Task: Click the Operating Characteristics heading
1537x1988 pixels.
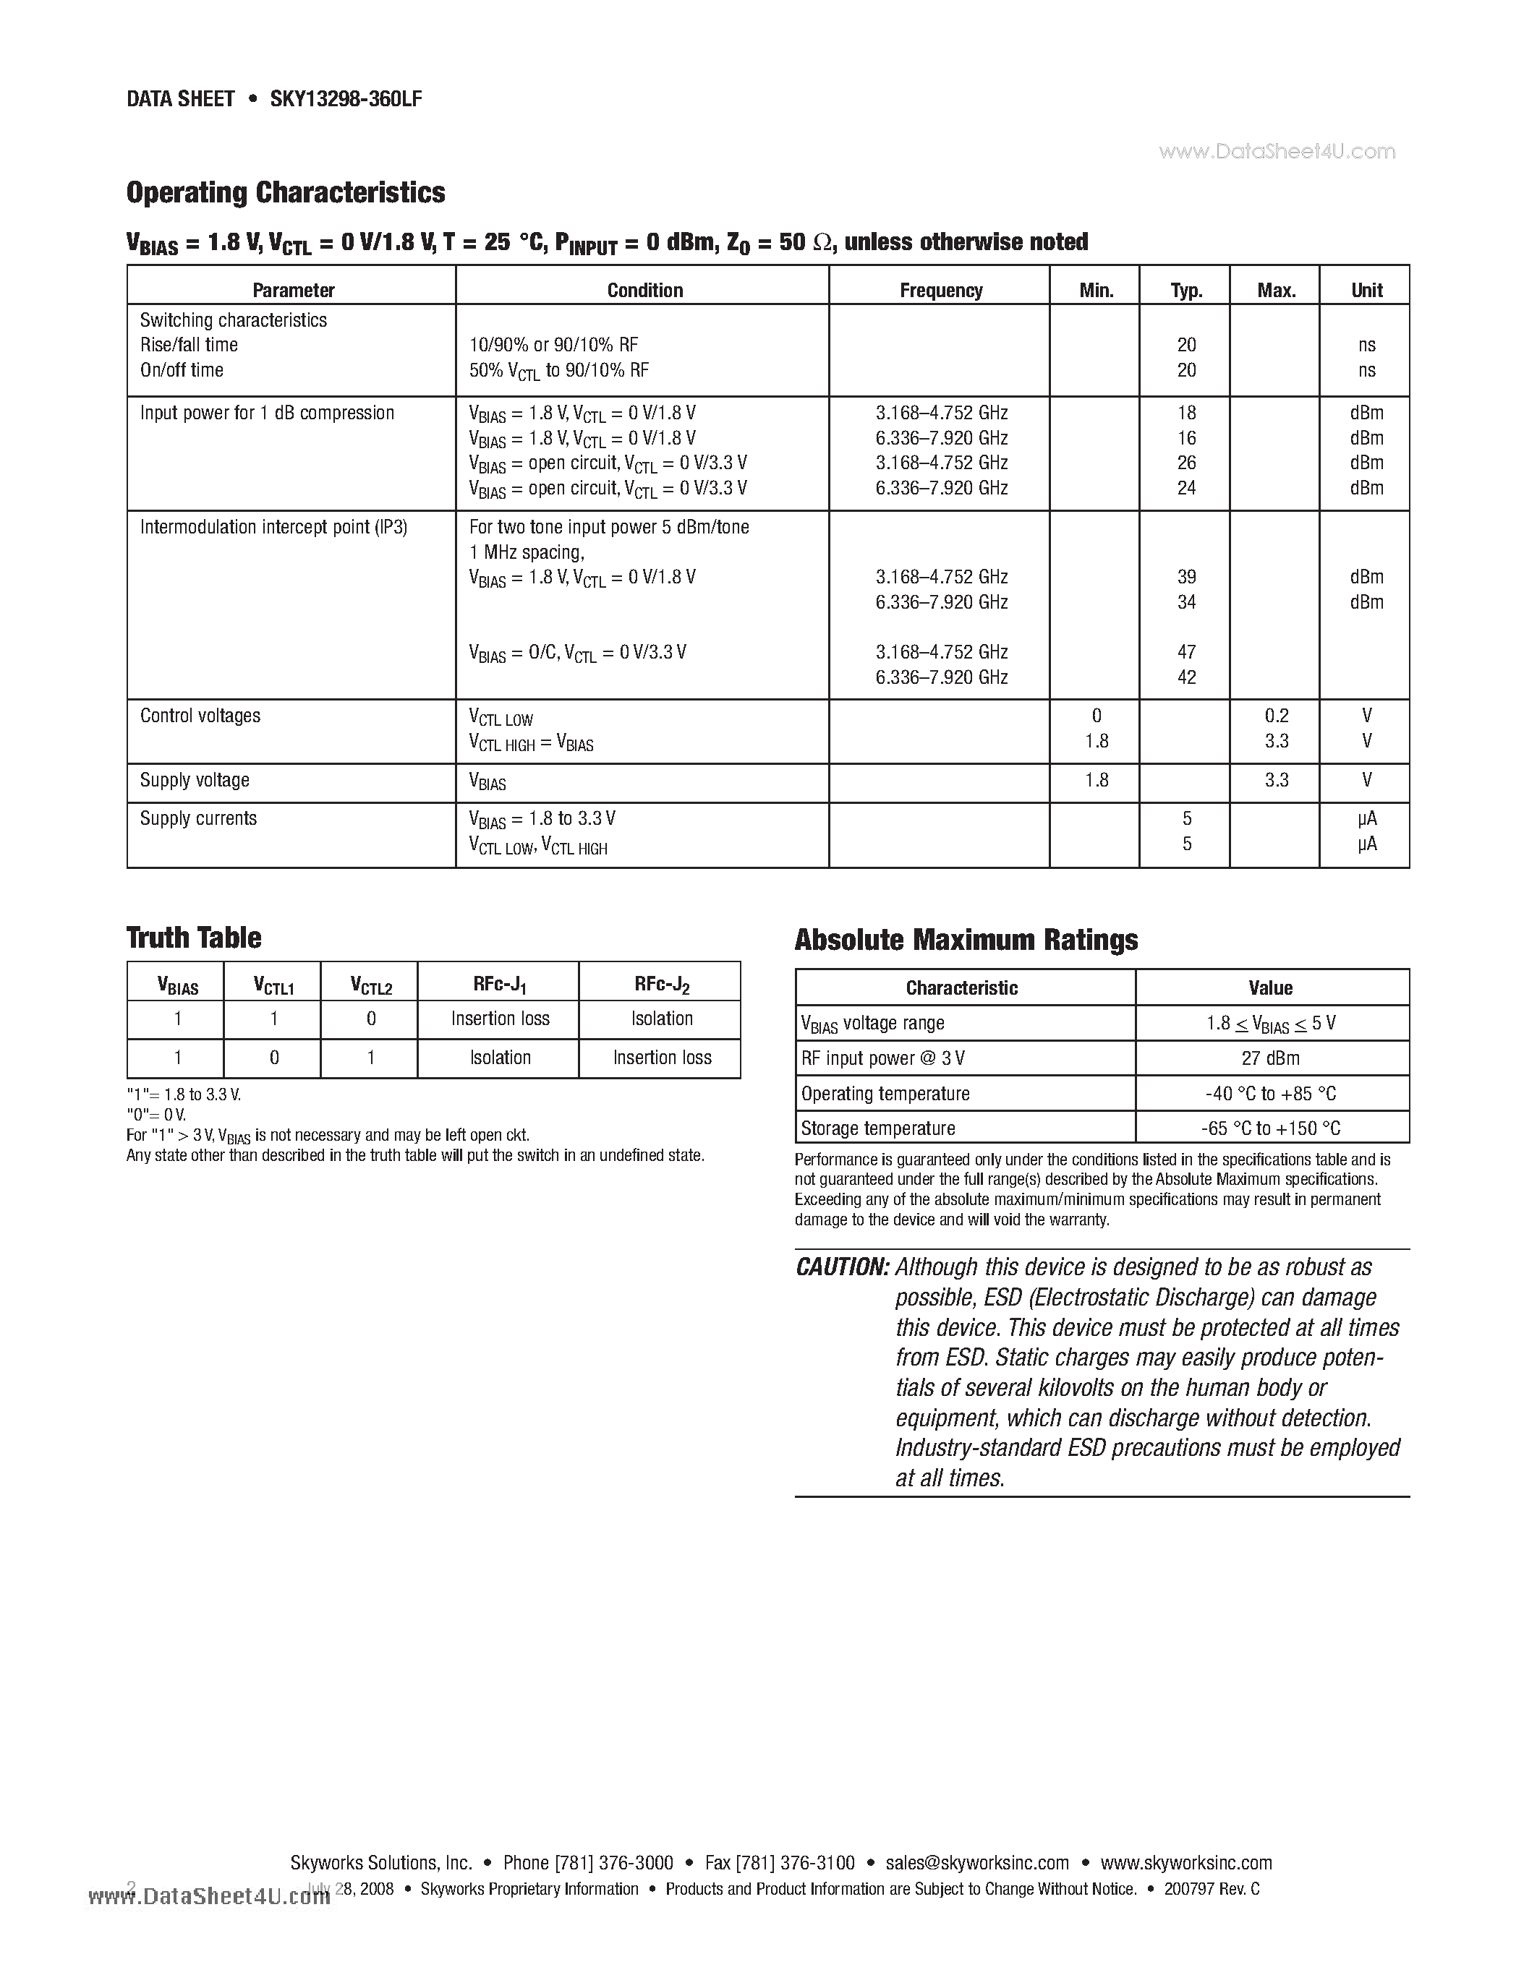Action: click(285, 192)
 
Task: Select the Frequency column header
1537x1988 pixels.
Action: click(940, 291)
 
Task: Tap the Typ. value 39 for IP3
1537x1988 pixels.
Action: click(1185, 577)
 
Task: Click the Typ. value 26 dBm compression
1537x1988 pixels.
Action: click(1185, 463)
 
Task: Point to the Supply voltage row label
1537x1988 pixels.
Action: click(195, 780)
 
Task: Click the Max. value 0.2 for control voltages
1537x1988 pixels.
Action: click(1276, 716)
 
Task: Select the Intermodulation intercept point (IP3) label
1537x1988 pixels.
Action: click(273, 527)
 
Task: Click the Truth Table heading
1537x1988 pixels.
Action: click(193, 938)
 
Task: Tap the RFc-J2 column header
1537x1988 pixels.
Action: click(661, 984)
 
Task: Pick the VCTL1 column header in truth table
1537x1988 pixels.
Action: click(273, 985)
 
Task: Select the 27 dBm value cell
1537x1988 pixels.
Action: click(1270, 1058)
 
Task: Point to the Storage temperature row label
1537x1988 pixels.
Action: click(878, 1128)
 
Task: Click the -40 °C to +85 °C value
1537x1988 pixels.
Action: click(1270, 1093)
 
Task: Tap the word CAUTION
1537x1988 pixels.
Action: click(841, 1267)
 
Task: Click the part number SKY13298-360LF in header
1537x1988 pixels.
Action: click(345, 99)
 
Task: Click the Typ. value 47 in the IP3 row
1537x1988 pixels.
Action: click(1185, 652)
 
